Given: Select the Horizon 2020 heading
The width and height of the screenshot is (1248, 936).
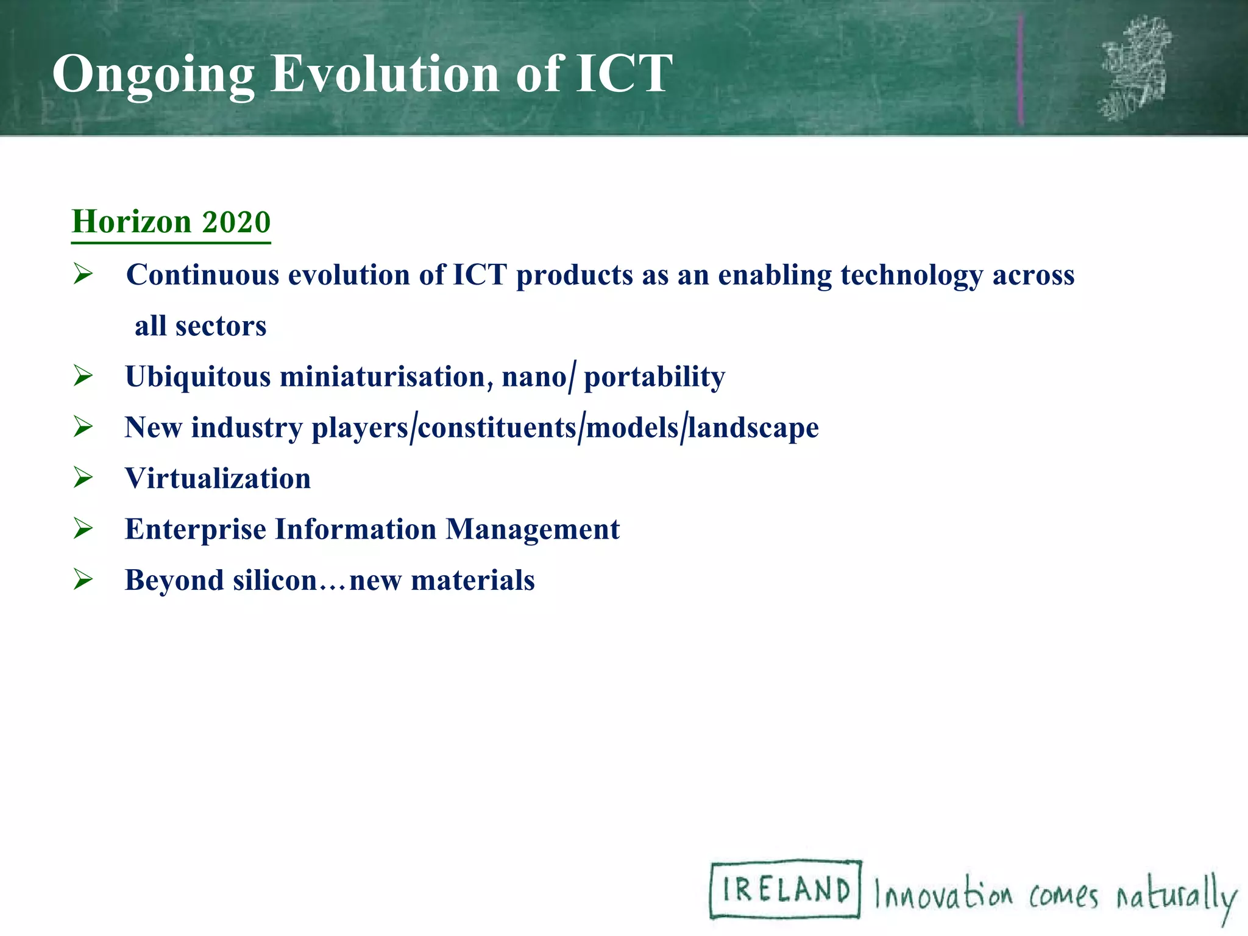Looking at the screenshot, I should [x=171, y=222].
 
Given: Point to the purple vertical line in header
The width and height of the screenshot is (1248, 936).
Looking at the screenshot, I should [x=1020, y=70].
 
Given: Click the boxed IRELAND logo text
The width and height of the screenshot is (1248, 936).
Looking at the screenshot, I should [x=785, y=889].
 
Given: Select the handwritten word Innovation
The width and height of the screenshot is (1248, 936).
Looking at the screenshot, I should [x=943, y=894].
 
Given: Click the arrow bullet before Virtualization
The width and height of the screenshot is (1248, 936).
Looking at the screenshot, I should [x=83, y=477].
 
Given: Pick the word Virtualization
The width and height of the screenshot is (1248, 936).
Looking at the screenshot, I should [x=218, y=478].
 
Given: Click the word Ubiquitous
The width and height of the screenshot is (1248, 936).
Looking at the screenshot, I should [x=198, y=377].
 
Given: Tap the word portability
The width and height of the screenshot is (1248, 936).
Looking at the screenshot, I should [x=654, y=377].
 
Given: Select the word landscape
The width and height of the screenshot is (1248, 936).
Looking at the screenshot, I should [x=753, y=428].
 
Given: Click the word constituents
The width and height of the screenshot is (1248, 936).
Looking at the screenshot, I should [x=497, y=428].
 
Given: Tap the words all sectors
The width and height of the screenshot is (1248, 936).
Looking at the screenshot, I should [x=200, y=326].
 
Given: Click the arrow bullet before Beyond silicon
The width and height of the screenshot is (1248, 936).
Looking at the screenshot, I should [x=83, y=579].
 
